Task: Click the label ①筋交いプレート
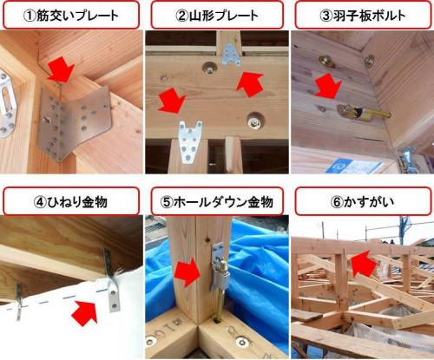coord(71,15)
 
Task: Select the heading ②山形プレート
coord(217,15)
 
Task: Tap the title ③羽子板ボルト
coord(363,15)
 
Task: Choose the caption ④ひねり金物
coord(70,202)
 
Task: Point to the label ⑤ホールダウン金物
coord(217,202)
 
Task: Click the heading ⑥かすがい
coord(363,202)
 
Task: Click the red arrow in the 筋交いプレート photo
coord(61,69)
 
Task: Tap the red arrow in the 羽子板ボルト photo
coord(328,85)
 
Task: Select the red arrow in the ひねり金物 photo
coord(85,312)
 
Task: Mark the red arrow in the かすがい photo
coord(364,263)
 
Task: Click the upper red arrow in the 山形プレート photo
coord(249,85)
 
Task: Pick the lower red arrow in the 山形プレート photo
coord(172,100)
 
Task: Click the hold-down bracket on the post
coord(219,267)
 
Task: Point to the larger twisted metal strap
coord(112,280)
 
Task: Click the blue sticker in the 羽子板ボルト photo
coord(354,167)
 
